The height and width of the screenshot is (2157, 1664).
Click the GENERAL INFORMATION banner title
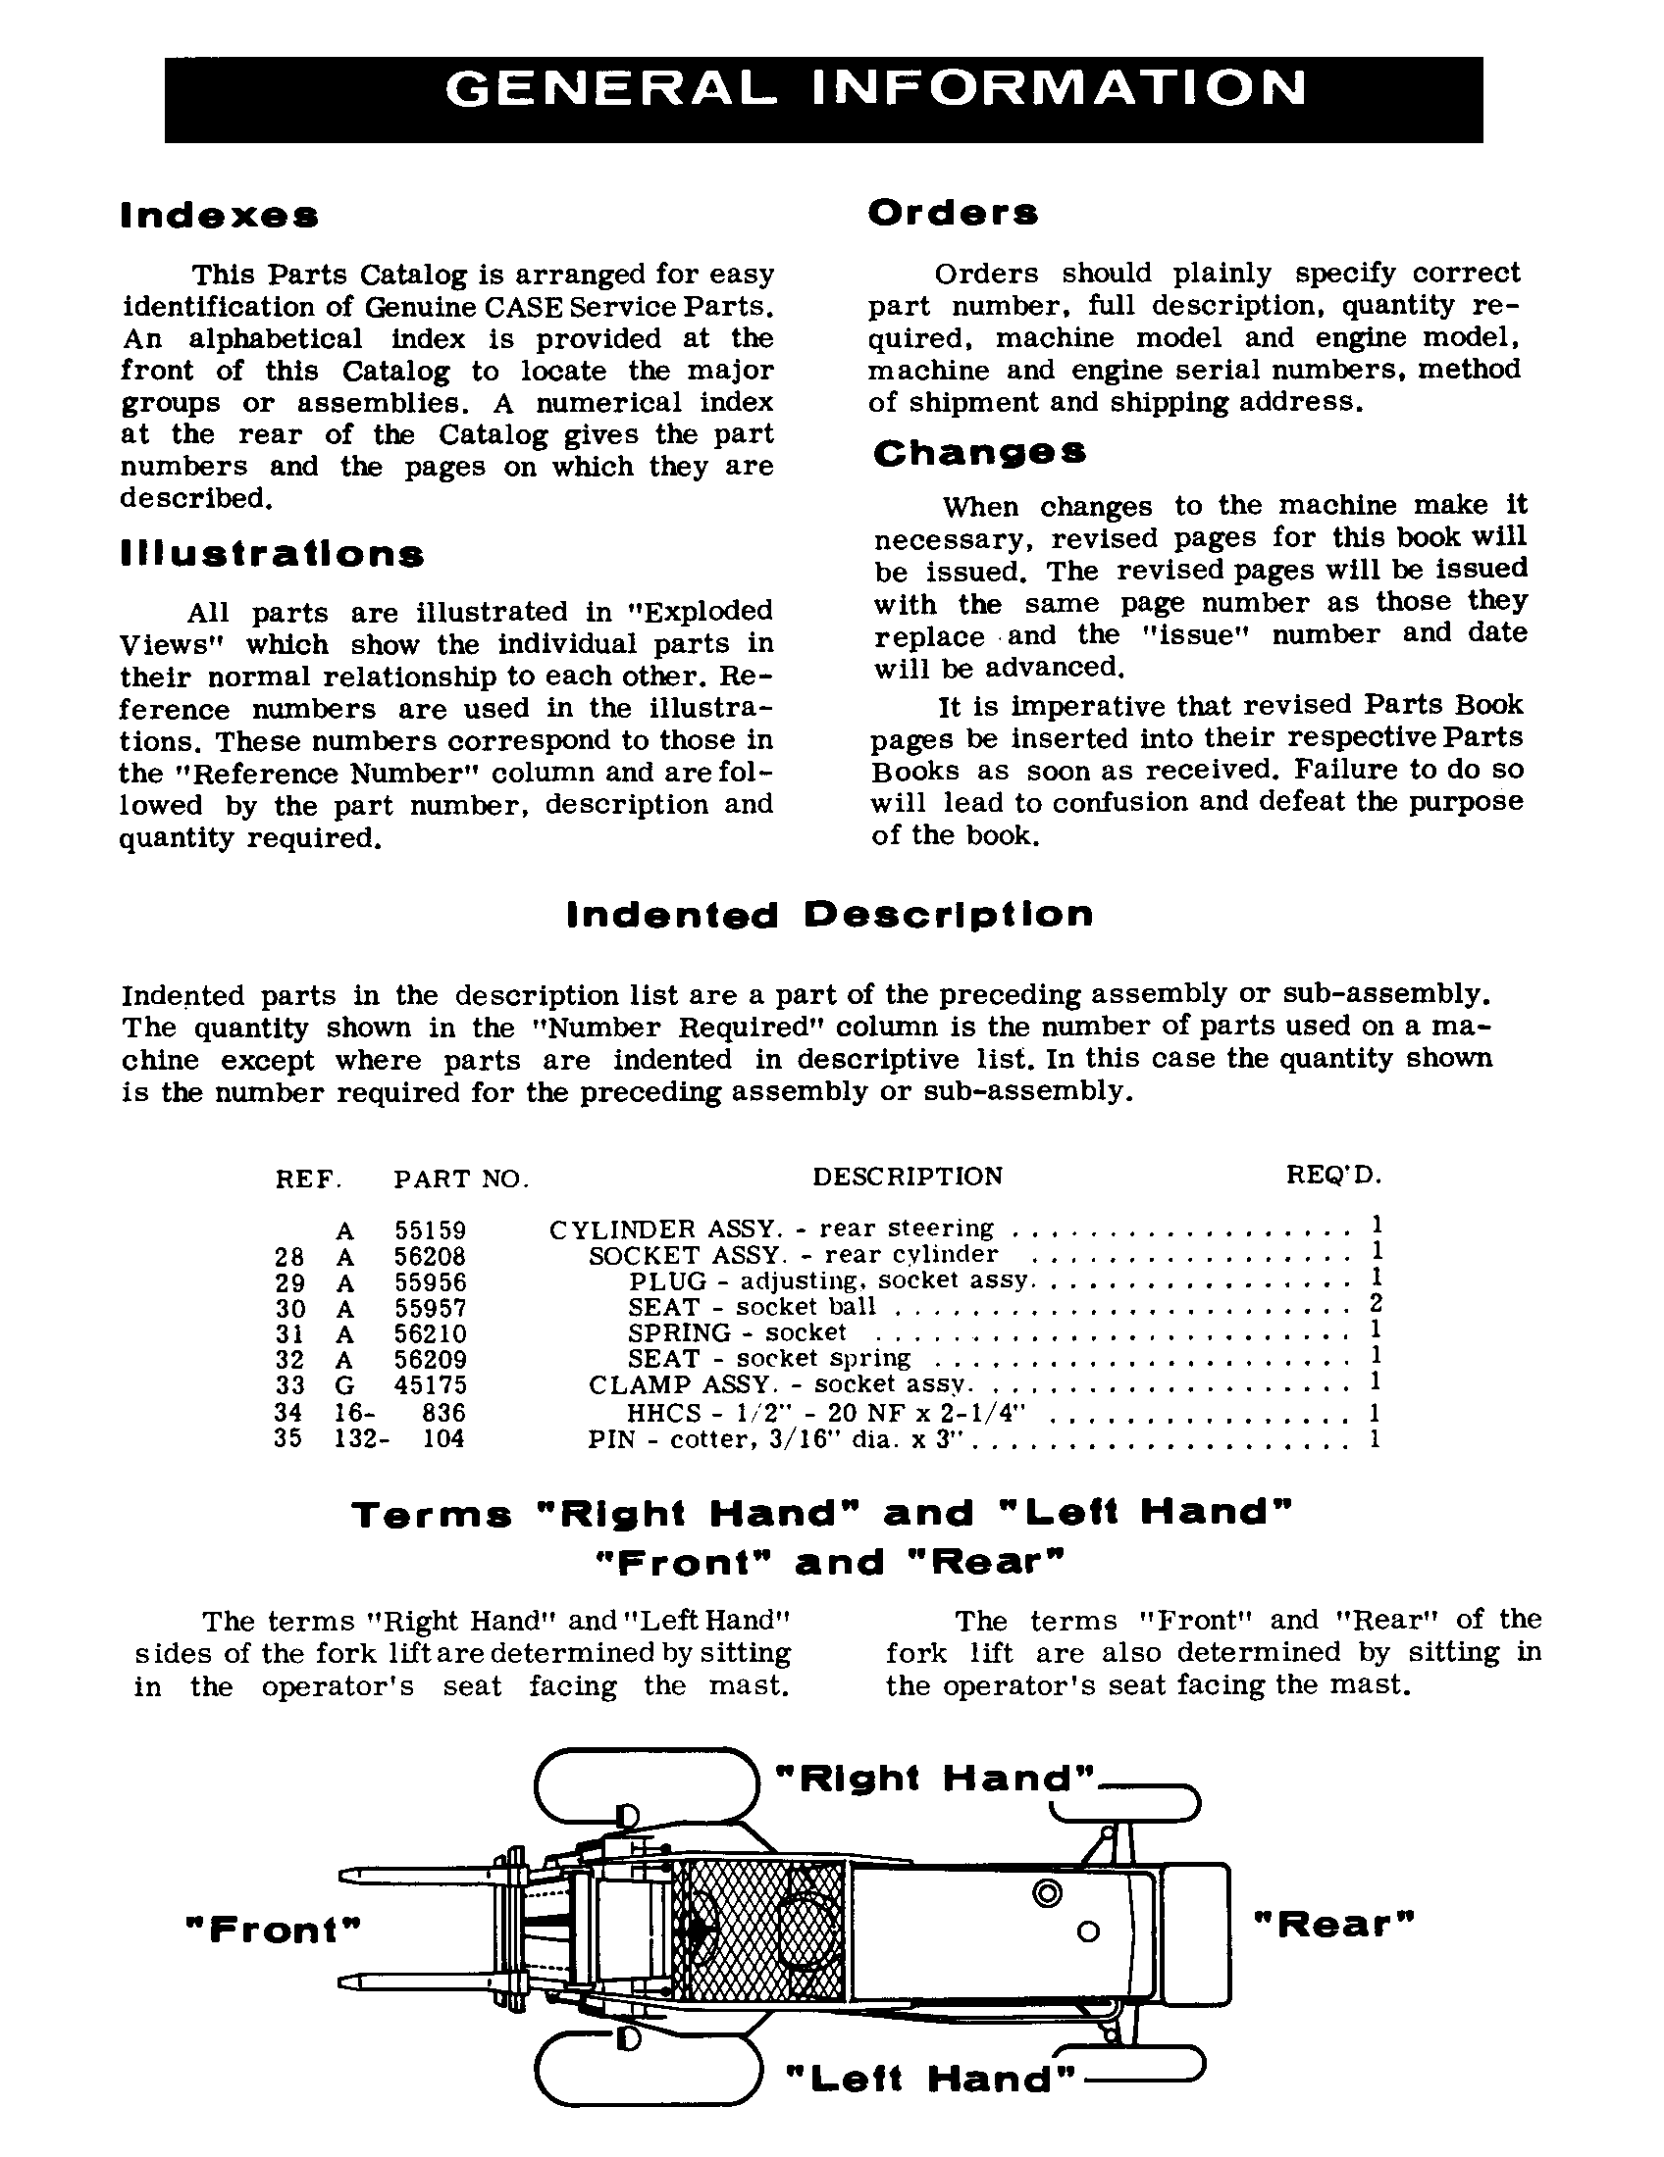pyautogui.click(x=876, y=90)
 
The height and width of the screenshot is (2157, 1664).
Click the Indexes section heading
pyautogui.click(x=220, y=216)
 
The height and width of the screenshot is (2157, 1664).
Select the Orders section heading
pyautogui.click(x=953, y=213)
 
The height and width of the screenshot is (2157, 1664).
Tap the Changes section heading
pyautogui.click(x=979, y=453)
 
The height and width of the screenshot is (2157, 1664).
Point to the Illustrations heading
pyautogui.click(x=272, y=554)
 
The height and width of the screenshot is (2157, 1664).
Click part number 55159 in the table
pyautogui.click(x=430, y=1230)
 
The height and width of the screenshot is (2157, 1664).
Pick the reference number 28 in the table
pyautogui.click(x=288, y=1256)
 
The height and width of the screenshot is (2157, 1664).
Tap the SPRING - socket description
pyautogui.click(x=737, y=1333)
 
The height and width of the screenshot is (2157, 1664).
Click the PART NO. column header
pyautogui.click(x=460, y=1179)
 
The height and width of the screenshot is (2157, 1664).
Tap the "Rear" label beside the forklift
pyautogui.click(x=1334, y=1924)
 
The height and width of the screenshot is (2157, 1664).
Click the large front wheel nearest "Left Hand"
pyautogui.click(x=649, y=2070)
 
